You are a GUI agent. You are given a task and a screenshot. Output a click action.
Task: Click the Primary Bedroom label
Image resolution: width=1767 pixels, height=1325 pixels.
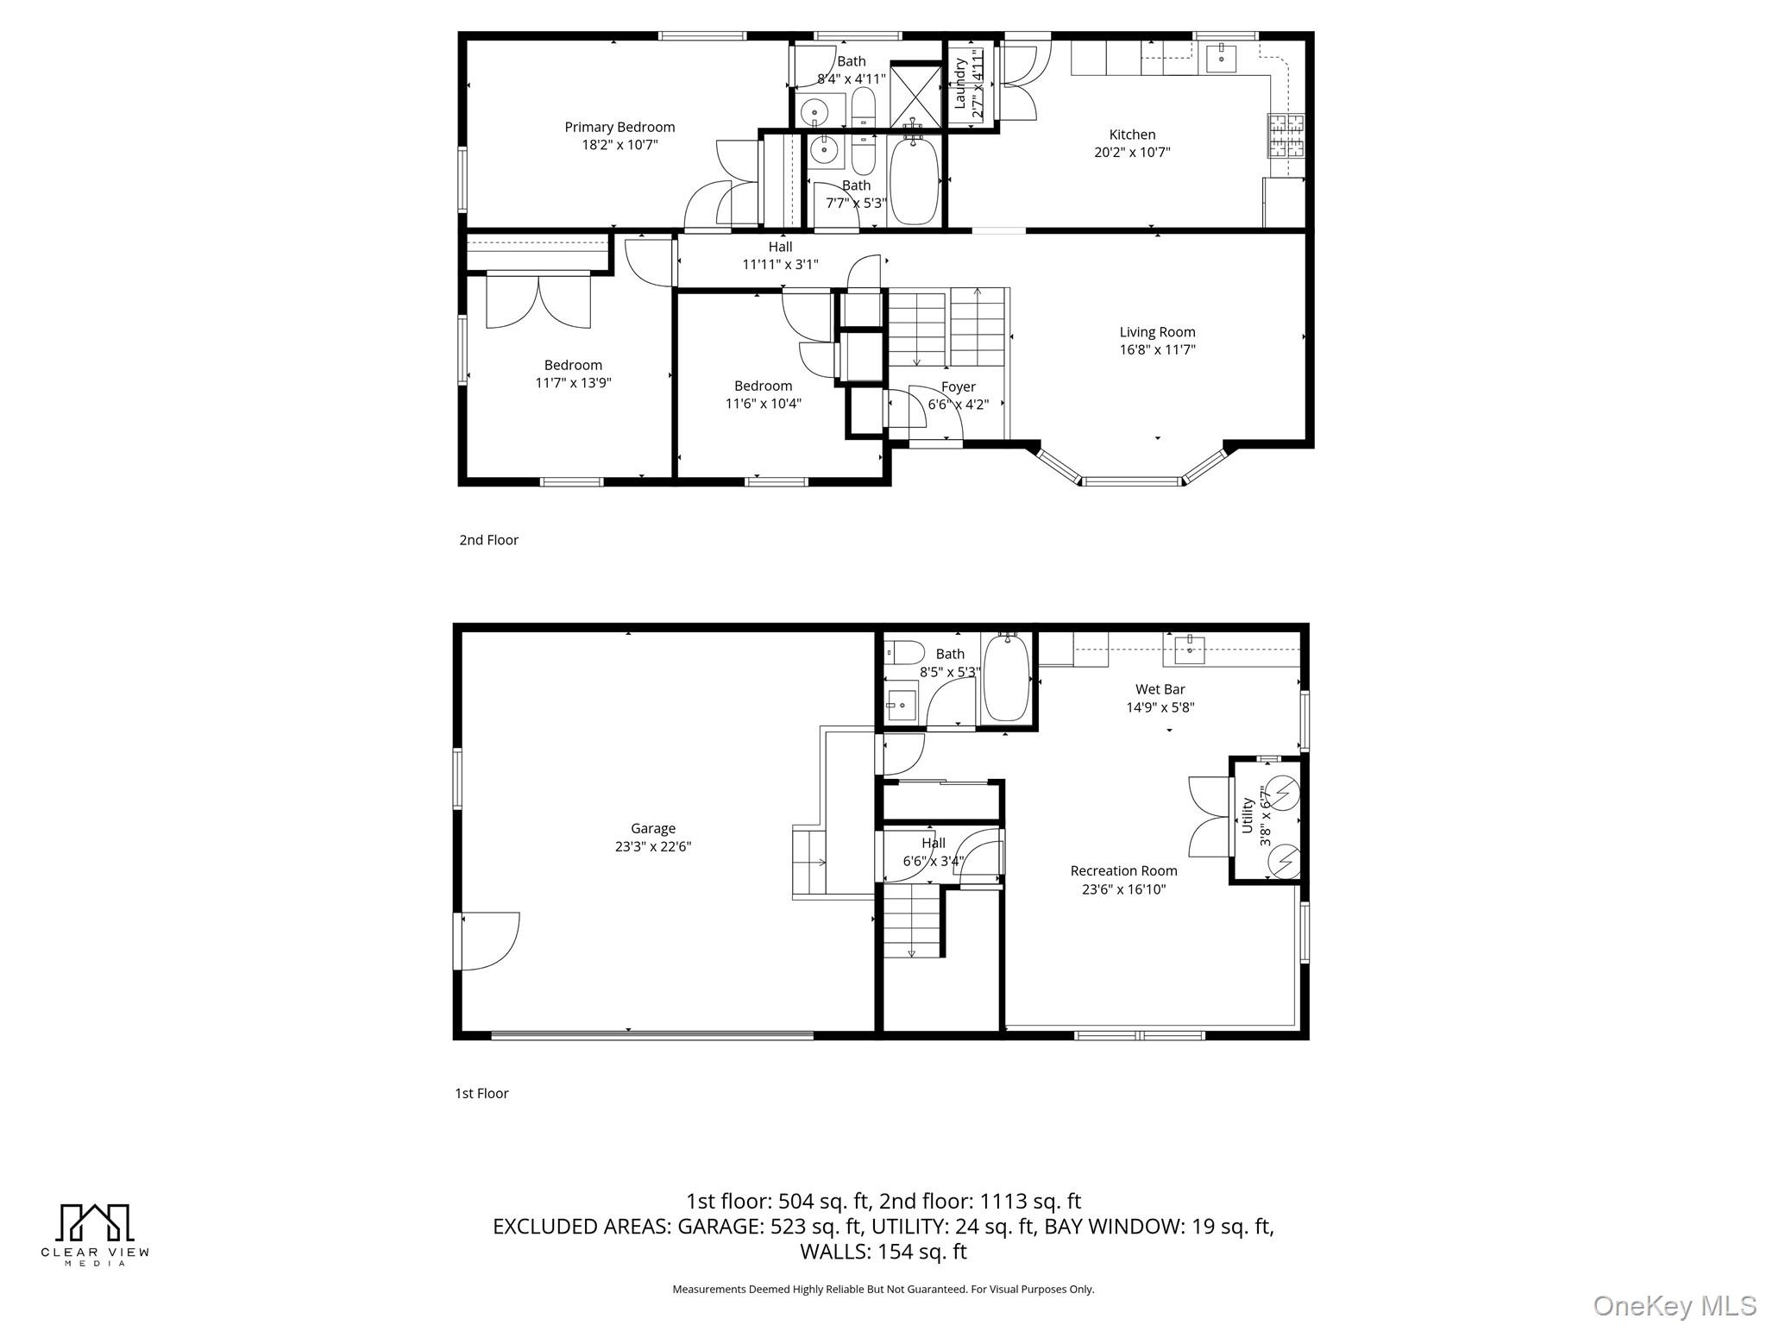click(619, 128)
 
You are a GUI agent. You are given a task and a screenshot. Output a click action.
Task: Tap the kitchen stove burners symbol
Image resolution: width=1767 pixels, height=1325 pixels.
click(1286, 135)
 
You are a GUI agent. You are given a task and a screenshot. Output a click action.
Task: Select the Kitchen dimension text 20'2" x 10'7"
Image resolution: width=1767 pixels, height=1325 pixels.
click(1132, 153)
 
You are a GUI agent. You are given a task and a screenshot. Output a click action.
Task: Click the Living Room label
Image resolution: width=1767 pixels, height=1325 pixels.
click(1157, 332)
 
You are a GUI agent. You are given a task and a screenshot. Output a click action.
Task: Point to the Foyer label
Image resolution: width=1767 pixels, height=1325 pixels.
click(958, 387)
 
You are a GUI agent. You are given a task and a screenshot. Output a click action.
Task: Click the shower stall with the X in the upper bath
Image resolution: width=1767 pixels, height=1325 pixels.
click(915, 94)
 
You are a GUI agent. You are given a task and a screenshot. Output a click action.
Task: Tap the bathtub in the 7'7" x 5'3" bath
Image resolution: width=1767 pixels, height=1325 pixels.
click(914, 180)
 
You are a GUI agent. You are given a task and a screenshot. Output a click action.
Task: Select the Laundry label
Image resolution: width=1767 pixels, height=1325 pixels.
click(959, 83)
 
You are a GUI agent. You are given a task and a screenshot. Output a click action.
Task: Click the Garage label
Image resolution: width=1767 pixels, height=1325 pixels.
click(652, 828)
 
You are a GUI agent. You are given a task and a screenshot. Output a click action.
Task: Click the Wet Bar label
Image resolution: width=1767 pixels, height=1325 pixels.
click(1160, 689)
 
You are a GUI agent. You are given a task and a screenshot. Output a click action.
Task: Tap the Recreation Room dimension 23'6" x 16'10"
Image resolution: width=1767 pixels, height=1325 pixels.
click(1123, 889)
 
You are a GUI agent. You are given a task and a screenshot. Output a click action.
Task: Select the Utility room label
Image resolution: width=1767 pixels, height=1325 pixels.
click(1247, 815)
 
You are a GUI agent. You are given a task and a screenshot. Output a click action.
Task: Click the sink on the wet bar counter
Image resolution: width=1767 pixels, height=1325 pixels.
click(1190, 650)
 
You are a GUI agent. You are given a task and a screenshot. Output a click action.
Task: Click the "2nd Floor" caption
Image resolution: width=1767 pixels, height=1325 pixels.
click(488, 540)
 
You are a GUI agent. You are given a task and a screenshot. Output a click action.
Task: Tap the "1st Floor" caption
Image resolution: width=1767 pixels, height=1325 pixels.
click(481, 1094)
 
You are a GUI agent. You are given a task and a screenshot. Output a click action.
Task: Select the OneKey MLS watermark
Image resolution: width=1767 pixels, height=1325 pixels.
click(1674, 1306)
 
